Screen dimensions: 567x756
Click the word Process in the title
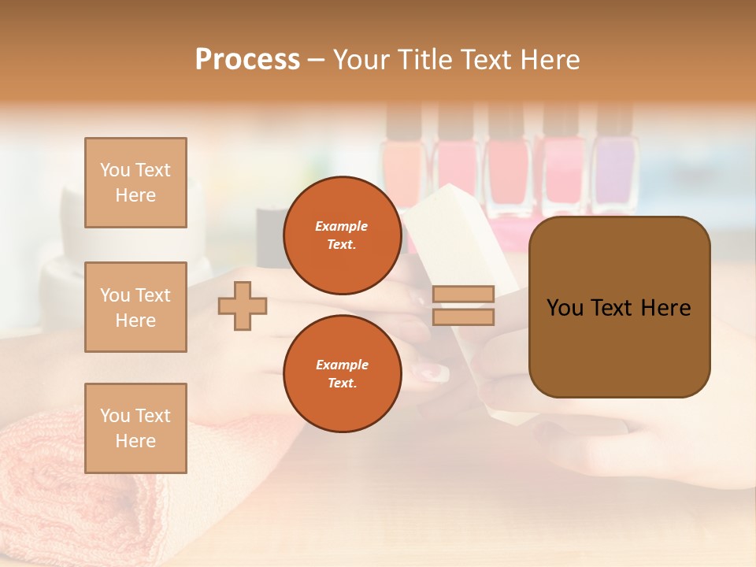(x=247, y=60)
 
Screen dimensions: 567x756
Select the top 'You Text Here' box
(x=135, y=183)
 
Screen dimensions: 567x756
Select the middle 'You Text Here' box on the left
(x=135, y=307)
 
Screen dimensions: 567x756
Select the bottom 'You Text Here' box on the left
(x=135, y=428)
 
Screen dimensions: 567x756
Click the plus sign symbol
(x=243, y=306)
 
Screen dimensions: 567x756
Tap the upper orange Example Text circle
(x=342, y=235)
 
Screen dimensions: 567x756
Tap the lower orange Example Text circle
(x=342, y=373)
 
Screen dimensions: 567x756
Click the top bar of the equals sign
(x=463, y=295)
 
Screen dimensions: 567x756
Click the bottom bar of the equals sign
(x=463, y=317)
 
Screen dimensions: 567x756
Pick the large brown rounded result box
(x=619, y=307)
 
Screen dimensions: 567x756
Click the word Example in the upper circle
(x=342, y=226)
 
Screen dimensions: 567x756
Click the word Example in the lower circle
(x=342, y=365)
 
